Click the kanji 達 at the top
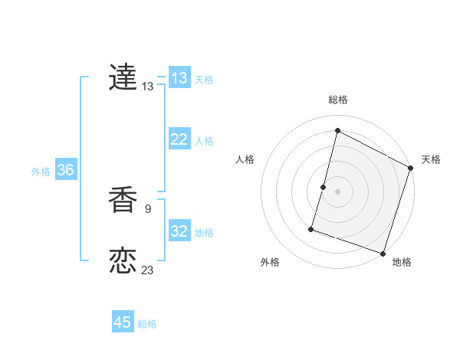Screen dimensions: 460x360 [x=123, y=77]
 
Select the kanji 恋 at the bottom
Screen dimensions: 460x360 [x=123, y=261]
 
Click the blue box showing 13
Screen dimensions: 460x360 [x=179, y=78]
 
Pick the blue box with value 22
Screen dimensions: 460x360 [x=179, y=139]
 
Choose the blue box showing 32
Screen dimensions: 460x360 [x=179, y=231]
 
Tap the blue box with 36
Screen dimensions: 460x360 [x=65, y=170]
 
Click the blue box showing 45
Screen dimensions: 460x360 [x=123, y=322]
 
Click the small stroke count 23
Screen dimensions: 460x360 [x=148, y=270]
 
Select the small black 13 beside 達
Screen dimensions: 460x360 [x=148, y=87]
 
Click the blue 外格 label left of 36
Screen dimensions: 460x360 [x=41, y=172]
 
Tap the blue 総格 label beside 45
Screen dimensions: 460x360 [x=147, y=324]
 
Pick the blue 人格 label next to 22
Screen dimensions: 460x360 [x=204, y=141]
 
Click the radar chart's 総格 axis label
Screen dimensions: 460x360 [x=338, y=100]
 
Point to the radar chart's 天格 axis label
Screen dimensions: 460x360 [x=431, y=159]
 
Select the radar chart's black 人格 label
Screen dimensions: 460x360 [x=245, y=159]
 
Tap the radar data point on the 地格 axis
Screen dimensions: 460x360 [x=383, y=254]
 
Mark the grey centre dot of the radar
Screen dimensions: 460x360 [x=337, y=191]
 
